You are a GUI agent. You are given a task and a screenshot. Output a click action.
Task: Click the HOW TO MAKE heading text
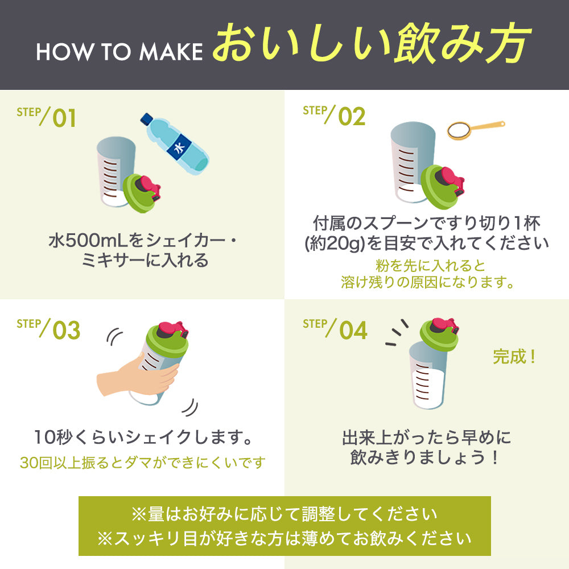coord(119,51)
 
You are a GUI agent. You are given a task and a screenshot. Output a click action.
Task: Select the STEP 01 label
coord(46,117)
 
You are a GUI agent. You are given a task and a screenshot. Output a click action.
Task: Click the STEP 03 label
coord(48,329)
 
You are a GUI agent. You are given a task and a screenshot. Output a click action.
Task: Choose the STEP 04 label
coord(335,329)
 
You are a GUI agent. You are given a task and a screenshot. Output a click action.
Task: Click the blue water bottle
coord(175,144)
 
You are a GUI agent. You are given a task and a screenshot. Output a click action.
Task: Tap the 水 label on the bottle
coord(179,147)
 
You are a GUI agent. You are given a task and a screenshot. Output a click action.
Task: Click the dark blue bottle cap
coord(147,119)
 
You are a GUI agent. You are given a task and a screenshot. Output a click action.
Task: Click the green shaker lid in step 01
coord(137,193)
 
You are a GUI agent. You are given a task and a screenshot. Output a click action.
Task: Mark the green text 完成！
coord(514,357)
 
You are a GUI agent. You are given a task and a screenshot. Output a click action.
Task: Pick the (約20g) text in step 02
coord(334,243)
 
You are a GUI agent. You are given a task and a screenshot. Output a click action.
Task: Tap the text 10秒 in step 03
coord(54,437)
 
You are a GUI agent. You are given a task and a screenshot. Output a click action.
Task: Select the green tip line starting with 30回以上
coord(143,463)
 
